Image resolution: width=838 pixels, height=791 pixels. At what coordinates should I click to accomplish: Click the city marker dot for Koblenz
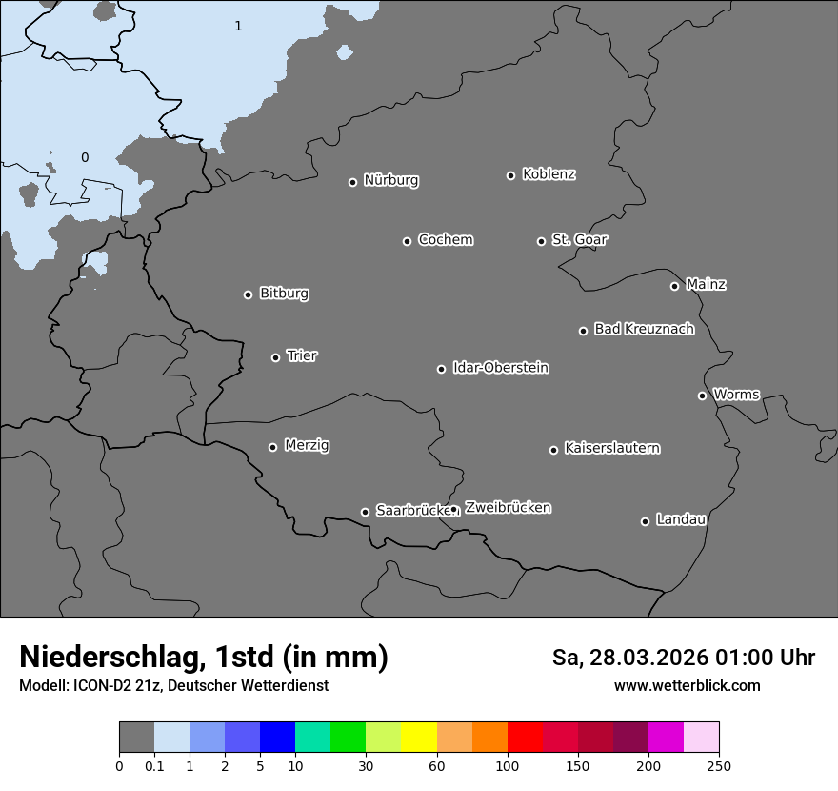(510, 175)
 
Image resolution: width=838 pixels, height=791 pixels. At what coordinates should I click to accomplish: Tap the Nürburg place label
(391, 180)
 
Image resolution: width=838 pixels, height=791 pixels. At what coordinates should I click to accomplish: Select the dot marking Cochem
(407, 241)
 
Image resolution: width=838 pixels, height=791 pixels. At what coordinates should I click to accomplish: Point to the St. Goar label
(579, 239)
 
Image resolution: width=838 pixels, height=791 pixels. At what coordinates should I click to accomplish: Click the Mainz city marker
(674, 286)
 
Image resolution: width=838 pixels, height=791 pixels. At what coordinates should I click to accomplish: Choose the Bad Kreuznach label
(644, 329)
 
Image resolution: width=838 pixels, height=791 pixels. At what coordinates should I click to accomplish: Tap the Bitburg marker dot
(248, 294)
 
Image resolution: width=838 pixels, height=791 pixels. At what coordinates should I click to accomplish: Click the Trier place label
(302, 355)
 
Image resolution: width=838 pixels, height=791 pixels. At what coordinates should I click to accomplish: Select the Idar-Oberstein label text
(500, 367)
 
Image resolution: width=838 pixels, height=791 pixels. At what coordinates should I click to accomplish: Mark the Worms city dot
(702, 395)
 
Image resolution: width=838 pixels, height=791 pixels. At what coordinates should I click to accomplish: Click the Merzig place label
(307, 445)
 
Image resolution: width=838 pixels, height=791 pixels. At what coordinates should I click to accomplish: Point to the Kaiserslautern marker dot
(553, 450)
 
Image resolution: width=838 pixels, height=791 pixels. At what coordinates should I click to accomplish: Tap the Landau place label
(681, 519)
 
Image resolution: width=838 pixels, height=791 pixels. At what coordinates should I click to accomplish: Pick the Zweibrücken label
(508, 507)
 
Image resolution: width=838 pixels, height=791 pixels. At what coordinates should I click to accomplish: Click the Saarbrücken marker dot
(365, 512)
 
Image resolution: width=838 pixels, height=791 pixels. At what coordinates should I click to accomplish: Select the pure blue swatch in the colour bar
(277, 738)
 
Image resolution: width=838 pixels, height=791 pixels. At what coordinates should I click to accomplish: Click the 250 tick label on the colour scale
(719, 765)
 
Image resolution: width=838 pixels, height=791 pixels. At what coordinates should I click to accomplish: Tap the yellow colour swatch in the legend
(419, 738)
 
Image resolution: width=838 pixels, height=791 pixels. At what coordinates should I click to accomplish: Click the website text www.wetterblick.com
(687, 685)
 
